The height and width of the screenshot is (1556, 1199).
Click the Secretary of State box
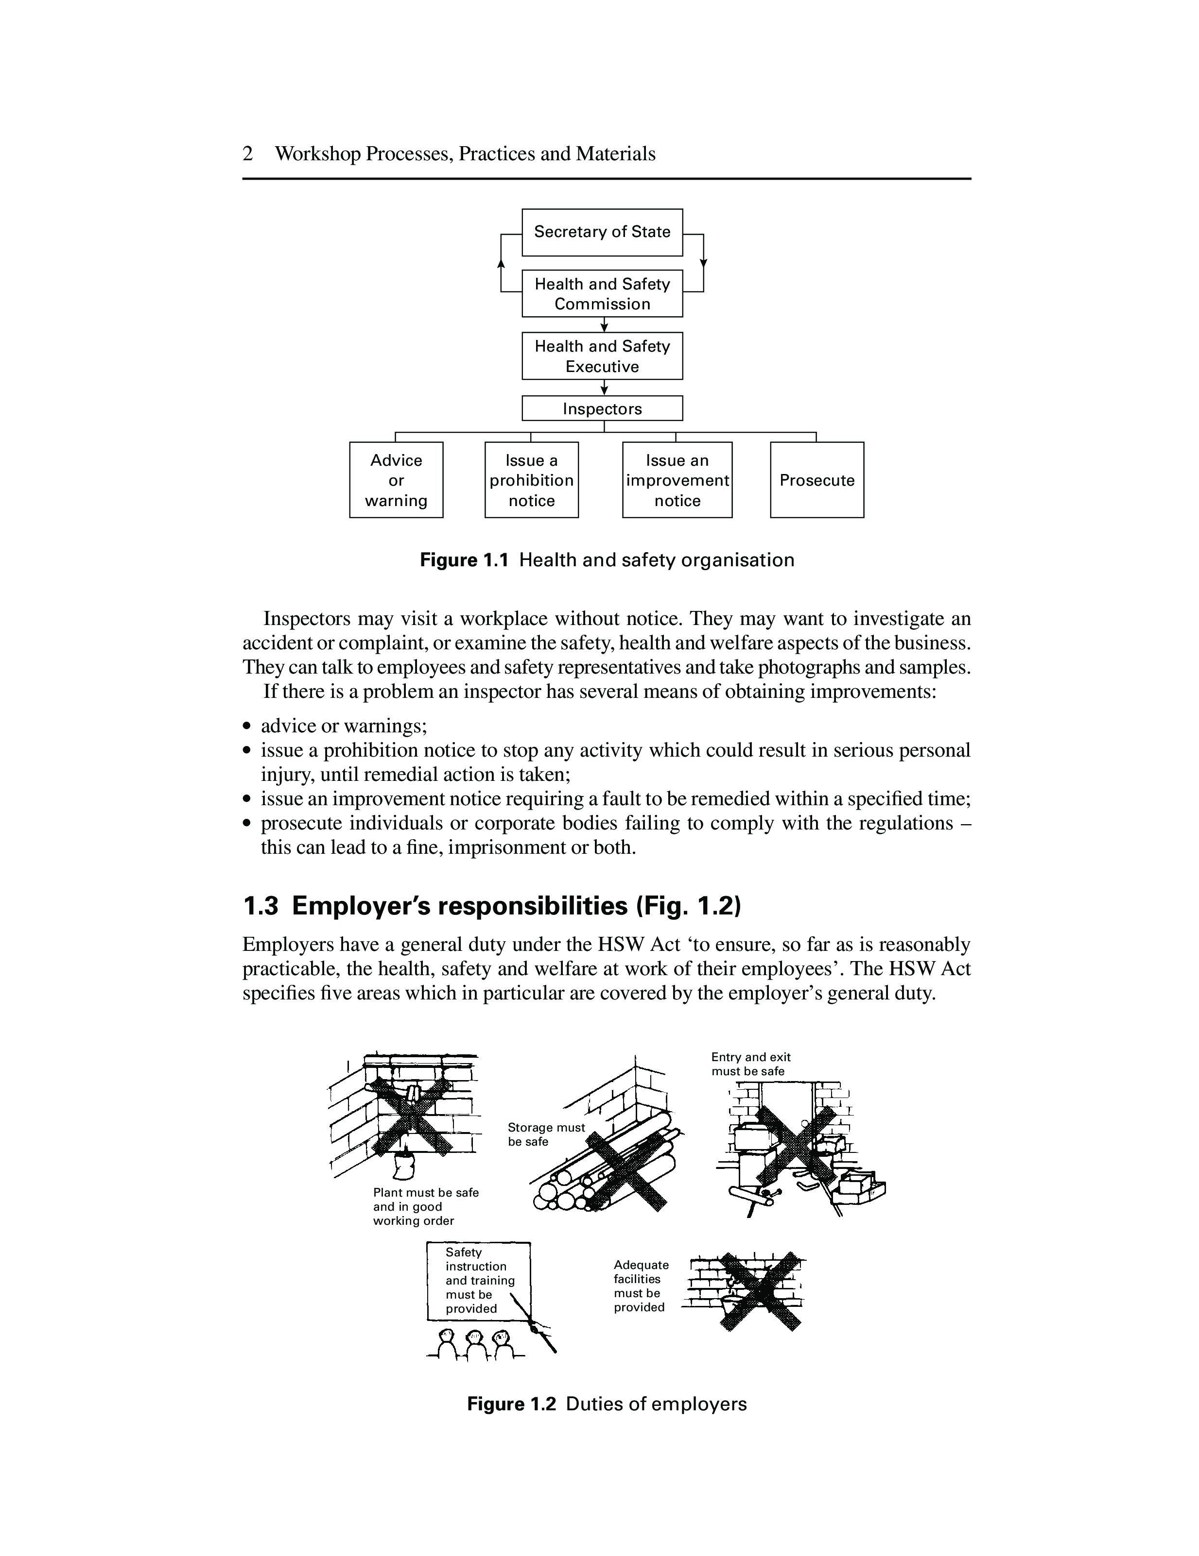click(602, 232)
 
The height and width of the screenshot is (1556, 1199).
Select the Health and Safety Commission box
click(602, 293)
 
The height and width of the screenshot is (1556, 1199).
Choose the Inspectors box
click(602, 408)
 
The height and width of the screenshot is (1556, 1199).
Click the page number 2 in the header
click(247, 154)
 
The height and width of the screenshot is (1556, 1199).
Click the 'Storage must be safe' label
click(545, 1134)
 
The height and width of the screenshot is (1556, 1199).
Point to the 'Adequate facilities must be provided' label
click(641, 1286)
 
